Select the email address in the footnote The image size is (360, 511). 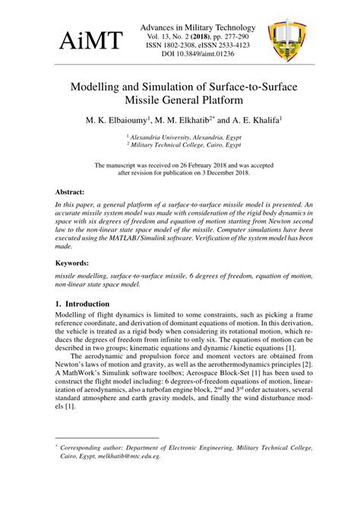131,456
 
